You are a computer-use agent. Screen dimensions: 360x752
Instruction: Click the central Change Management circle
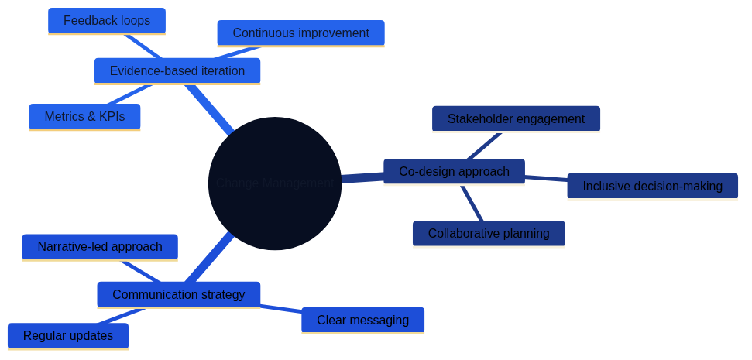point(274,183)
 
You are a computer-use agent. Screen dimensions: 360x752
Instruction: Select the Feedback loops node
point(107,21)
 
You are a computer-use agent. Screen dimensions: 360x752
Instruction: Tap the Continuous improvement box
point(300,33)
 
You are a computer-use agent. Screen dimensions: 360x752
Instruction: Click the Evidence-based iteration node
point(177,71)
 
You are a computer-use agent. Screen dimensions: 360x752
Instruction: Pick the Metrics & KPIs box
point(84,117)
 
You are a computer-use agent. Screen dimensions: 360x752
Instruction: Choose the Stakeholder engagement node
point(516,119)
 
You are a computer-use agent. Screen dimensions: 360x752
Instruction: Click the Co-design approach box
point(454,172)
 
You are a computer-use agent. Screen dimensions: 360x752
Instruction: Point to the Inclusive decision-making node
point(652,187)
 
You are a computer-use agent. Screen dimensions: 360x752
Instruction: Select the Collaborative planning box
point(489,234)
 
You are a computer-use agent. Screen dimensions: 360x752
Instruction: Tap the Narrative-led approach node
point(100,247)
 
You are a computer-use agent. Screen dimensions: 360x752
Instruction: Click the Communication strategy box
point(178,295)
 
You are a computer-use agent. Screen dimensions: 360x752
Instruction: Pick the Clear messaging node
point(362,321)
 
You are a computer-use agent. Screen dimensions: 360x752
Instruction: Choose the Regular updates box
point(68,336)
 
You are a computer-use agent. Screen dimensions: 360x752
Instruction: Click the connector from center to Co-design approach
point(362,178)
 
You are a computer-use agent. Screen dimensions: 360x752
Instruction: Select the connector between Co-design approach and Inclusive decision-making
point(546,178)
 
